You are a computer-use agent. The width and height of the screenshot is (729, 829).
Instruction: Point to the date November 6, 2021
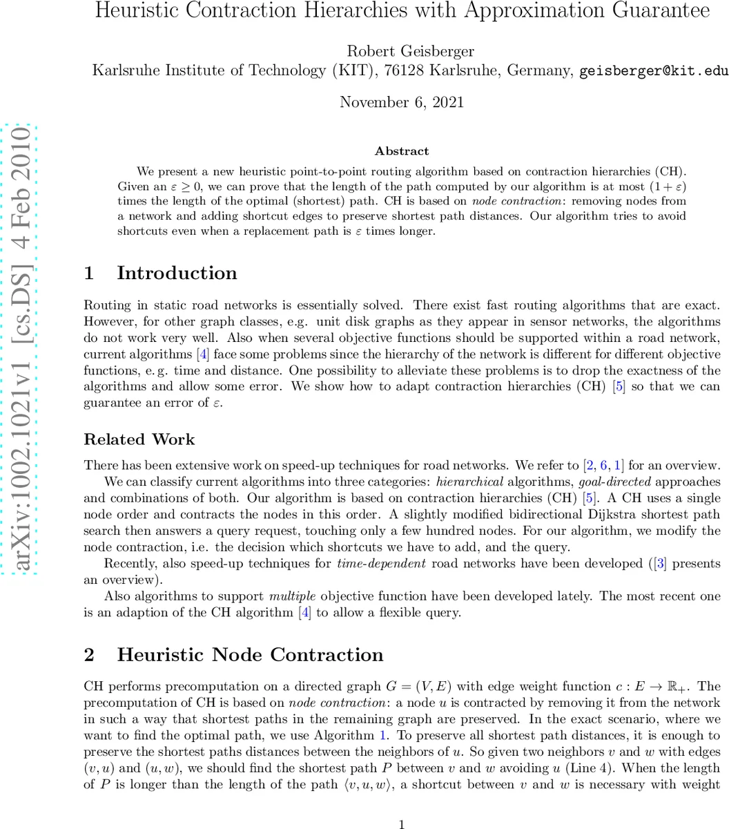(401, 102)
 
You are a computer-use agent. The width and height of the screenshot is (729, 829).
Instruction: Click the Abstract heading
(401, 151)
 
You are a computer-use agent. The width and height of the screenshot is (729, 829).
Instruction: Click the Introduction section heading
(176, 273)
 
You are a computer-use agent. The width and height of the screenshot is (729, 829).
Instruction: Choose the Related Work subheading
(139, 439)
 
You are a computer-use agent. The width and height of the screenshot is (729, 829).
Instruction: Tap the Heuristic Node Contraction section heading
(250, 655)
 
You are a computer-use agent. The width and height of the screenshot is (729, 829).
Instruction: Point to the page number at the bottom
(402, 823)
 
